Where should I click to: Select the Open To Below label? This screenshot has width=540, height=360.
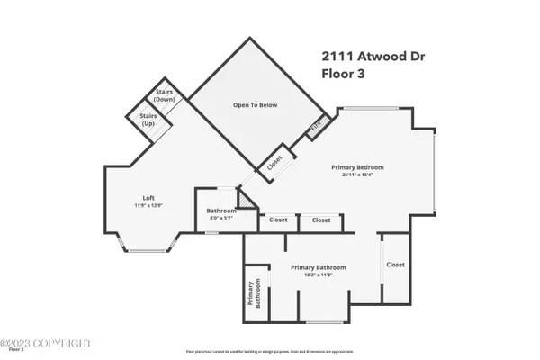(256, 105)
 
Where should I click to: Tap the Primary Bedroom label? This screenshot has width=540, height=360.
(357, 167)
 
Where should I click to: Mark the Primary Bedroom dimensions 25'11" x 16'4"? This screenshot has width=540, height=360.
(357, 175)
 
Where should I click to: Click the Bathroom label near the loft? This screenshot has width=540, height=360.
(214, 211)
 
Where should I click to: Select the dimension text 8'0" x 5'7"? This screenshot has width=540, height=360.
(214, 218)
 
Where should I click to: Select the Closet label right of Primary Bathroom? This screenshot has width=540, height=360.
(396, 265)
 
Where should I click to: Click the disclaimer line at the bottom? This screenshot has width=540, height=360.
(270, 349)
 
